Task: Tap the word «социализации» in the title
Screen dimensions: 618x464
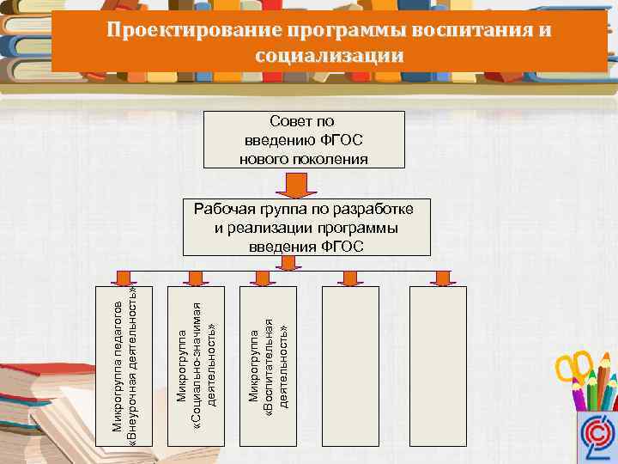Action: [x=329, y=56]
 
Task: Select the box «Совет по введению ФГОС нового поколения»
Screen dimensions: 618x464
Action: [x=304, y=139]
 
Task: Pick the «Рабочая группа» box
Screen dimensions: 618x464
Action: [x=306, y=228]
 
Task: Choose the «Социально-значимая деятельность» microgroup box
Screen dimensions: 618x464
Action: [x=197, y=365]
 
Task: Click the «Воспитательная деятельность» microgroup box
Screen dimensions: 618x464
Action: [x=269, y=365]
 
